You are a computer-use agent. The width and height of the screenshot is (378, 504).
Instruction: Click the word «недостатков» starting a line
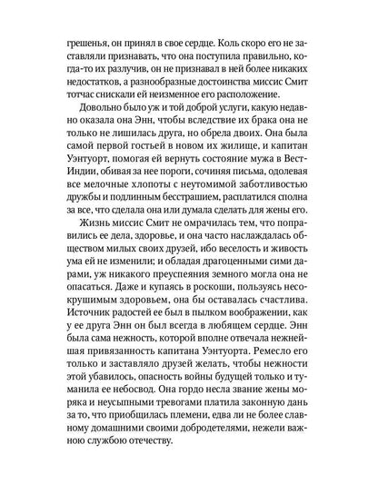point(93,105)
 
